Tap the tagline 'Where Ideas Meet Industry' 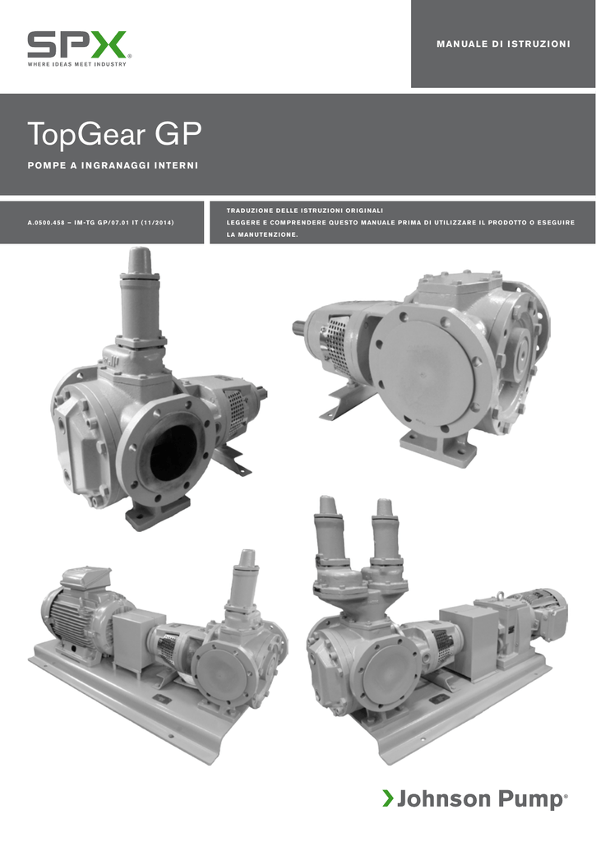click(x=76, y=64)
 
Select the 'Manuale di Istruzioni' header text click(x=503, y=44)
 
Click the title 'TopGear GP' click(x=114, y=134)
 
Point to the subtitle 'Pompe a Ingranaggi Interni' click(x=113, y=165)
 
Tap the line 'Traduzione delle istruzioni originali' click(x=304, y=210)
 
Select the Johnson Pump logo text click(x=482, y=799)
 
